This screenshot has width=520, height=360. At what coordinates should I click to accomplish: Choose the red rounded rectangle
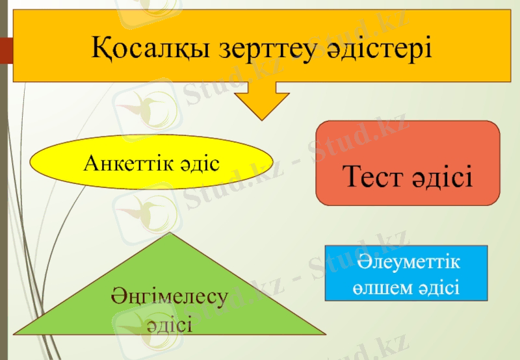pos(408,162)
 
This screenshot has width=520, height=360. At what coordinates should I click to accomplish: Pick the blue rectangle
pos(406,273)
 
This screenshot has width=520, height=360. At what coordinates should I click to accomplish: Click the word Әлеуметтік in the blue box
pos(406,263)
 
